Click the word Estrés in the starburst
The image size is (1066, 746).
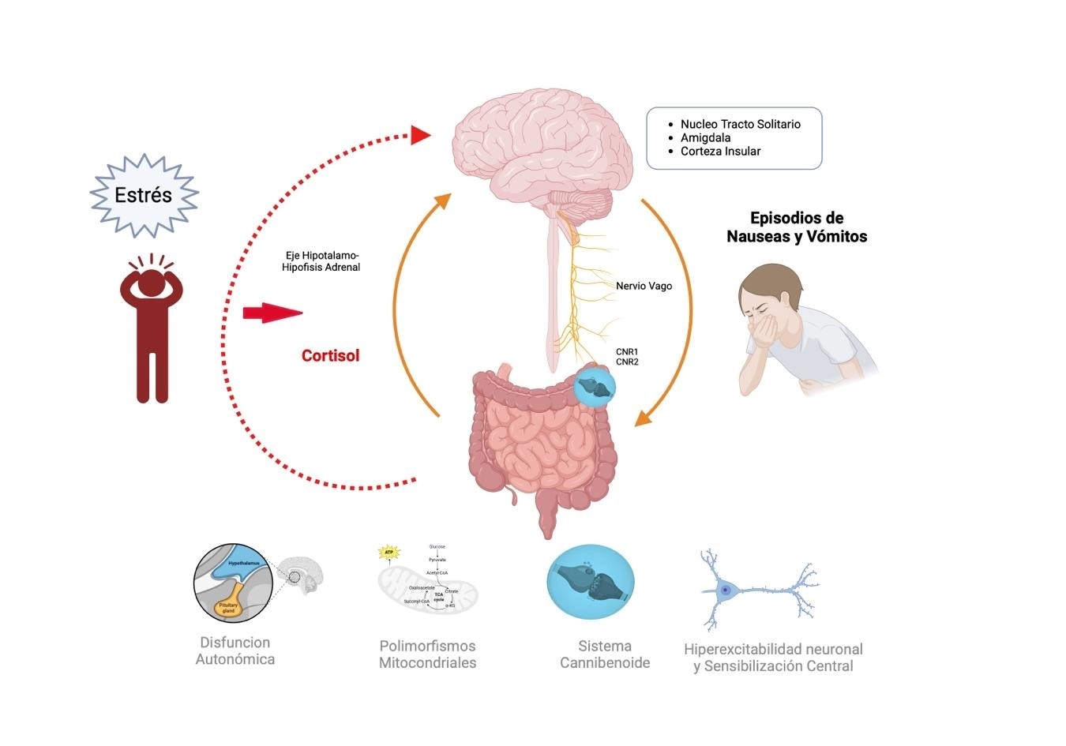coord(143,195)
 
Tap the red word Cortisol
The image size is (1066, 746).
coord(330,355)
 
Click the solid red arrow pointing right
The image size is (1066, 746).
coord(272,313)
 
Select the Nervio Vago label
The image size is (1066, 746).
coord(644,286)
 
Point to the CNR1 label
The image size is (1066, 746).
coord(627,352)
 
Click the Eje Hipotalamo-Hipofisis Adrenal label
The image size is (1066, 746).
coord(321,261)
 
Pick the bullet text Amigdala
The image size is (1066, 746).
coord(705,137)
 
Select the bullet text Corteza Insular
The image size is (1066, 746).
coord(720,151)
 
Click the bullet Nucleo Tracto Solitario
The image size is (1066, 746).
coord(740,124)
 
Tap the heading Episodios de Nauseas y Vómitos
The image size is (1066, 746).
coord(797,227)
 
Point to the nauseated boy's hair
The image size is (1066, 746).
coord(770,280)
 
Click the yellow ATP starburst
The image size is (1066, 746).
coord(388,552)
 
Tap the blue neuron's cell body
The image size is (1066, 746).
coord(725,590)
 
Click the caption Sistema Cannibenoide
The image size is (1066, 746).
coord(605,654)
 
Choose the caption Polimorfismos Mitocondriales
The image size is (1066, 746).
coord(427,654)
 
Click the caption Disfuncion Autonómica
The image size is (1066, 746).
coord(235,650)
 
